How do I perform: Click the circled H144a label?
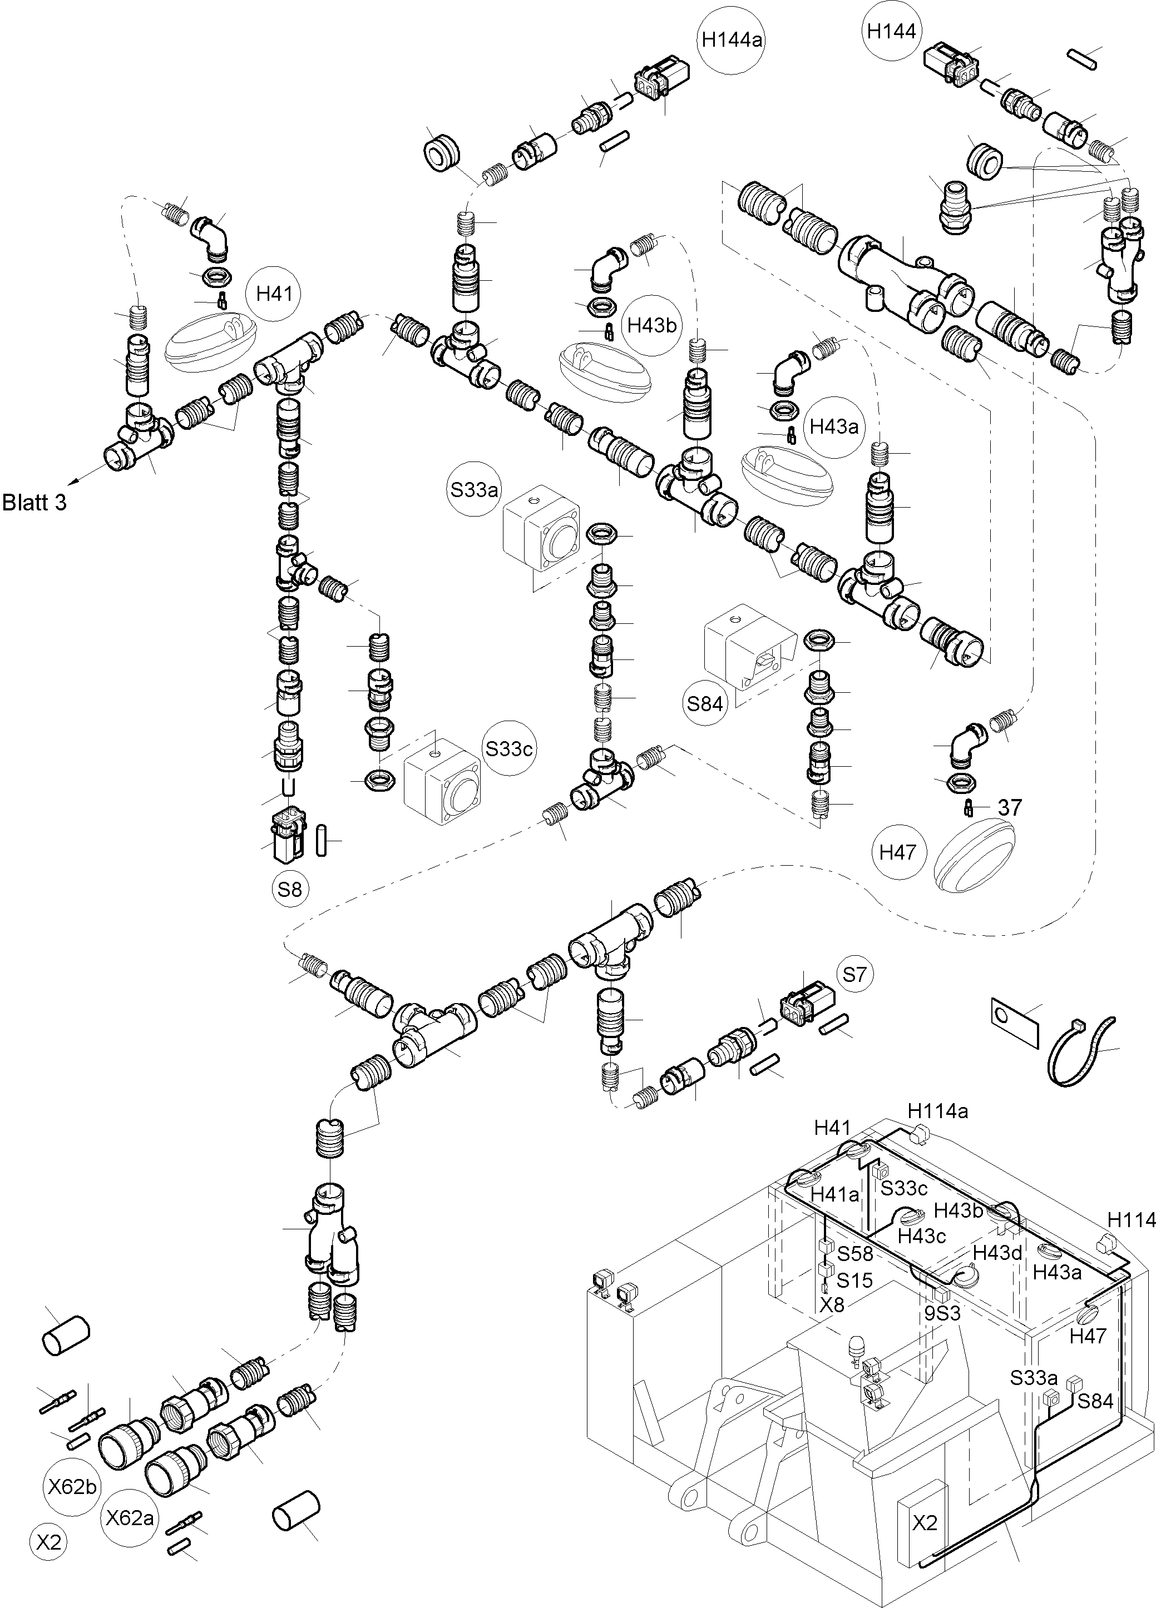pyautogui.click(x=732, y=39)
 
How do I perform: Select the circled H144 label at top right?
pyautogui.click(x=891, y=31)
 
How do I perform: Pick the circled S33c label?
pyautogui.click(x=508, y=748)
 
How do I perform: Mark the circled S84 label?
pyautogui.click(x=704, y=703)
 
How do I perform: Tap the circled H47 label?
pyautogui.click(x=898, y=851)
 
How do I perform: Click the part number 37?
pyautogui.click(x=1010, y=807)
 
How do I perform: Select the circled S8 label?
pyautogui.click(x=289, y=889)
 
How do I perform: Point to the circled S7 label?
pyautogui.click(x=855, y=975)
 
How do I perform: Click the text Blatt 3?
pyautogui.click(x=34, y=503)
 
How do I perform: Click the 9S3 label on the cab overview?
pyautogui.click(x=942, y=1313)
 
